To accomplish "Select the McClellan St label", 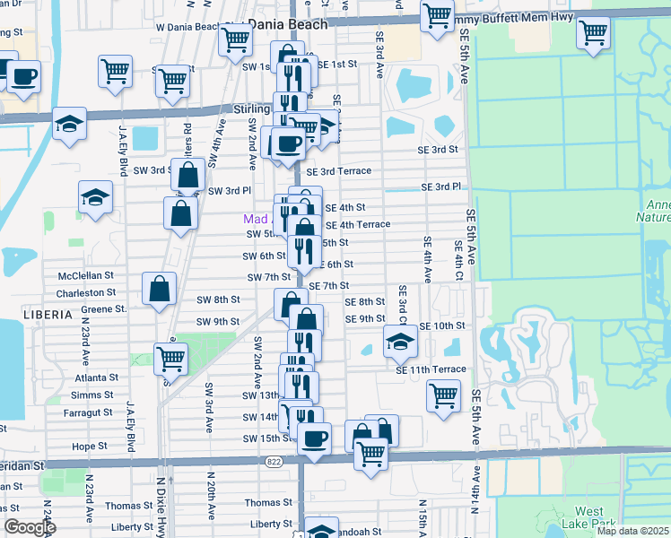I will pyautogui.click(x=86, y=276).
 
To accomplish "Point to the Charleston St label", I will pyautogui.click(x=86, y=292).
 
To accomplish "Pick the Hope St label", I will pyautogui.click(x=90, y=446).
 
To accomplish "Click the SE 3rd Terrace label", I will pyautogui.click(x=338, y=170).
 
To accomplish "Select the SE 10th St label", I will pyautogui.click(x=442, y=325).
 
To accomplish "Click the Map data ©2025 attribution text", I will pyautogui.click(x=632, y=531).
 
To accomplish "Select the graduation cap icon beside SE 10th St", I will pyautogui.click(x=399, y=341).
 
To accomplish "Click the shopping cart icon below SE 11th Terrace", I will pyautogui.click(x=443, y=395).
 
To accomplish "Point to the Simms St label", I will pyautogui.click(x=92, y=395).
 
